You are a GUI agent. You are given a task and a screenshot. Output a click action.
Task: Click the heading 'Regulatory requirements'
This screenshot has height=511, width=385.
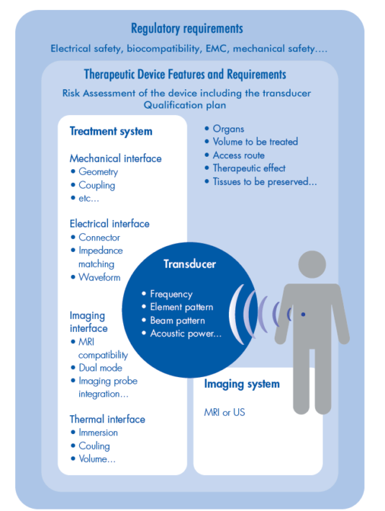tap(187, 29)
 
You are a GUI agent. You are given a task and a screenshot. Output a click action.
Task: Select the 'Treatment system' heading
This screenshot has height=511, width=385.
tap(111, 131)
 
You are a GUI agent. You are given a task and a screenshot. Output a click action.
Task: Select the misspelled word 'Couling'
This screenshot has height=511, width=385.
tap(94, 446)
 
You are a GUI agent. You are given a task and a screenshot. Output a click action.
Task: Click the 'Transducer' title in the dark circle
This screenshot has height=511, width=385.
tap(189, 264)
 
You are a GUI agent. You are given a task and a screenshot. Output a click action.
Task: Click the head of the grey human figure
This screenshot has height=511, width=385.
tap(312, 264)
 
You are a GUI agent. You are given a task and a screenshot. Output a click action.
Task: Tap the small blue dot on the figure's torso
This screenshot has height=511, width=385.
tap(303, 315)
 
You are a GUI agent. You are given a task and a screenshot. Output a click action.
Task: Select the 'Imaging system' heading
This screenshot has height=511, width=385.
tap(242, 384)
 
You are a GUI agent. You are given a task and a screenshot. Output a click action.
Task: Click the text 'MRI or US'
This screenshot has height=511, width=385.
tap(225, 412)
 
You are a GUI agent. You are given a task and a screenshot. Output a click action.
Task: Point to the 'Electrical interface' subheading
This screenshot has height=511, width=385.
tap(109, 224)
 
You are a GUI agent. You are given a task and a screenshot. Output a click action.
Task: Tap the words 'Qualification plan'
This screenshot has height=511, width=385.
tap(185, 105)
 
